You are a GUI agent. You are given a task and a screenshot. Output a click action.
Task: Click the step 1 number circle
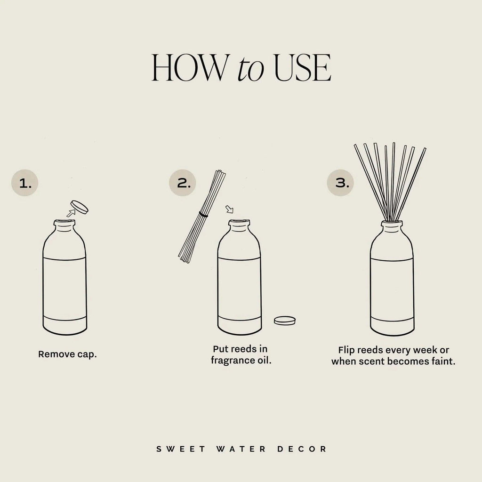[24, 183]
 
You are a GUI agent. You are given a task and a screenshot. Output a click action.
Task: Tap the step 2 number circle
[182, 183]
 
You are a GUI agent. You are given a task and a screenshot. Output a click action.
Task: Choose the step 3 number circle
[340, 183]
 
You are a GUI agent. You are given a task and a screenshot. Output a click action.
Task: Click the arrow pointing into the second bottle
[230, 209]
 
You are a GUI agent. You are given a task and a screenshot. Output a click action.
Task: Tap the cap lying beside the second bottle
[285, 320]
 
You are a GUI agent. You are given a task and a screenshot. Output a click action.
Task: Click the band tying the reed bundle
[203, 215]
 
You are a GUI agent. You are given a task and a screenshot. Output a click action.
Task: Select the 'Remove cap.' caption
[67, 354]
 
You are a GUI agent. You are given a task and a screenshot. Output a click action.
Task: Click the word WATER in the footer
[241, 449]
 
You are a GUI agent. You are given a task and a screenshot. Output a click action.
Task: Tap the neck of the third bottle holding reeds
[392, 227]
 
